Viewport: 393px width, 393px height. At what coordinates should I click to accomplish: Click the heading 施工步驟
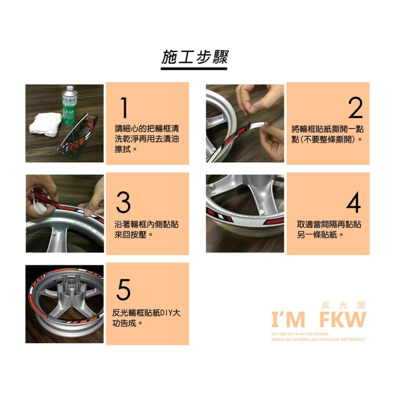click(195, 57)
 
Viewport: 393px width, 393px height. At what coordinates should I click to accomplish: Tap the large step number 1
click(124, 108)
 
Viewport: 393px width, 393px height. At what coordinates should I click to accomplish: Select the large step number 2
click(355, 108)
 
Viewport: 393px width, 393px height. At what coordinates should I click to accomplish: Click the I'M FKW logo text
click(318, 320)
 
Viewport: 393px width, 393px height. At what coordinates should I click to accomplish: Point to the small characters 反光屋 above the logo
click(343, 305)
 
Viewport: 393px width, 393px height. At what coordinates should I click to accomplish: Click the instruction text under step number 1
click(148, 139)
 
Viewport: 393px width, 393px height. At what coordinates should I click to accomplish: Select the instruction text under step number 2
click(327, 134)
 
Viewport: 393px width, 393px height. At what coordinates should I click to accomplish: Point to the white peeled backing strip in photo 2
click(258, 125)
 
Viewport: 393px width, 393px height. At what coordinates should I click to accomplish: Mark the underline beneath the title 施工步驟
click(194, 69)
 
